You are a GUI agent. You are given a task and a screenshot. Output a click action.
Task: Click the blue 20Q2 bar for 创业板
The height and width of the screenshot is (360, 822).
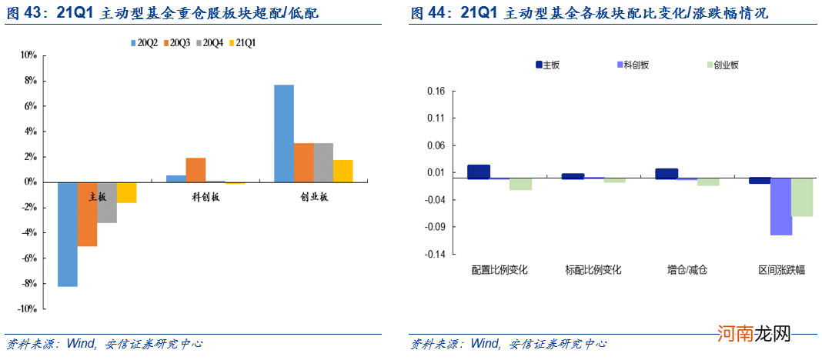pyautogui.click(x=284, y=133)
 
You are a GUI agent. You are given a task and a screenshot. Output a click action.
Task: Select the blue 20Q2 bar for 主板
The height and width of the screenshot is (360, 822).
pyautogui.click(x=68, y=234)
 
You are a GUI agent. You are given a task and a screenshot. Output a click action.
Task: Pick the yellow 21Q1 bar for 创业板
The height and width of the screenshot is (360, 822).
pyautogui.click(x=343, y=171)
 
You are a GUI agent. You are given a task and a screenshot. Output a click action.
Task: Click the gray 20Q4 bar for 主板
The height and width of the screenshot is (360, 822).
pyautogui.click(x=107, y=202)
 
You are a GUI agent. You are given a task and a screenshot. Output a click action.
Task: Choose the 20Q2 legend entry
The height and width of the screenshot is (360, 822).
pyautogui.click(x=144, y=43)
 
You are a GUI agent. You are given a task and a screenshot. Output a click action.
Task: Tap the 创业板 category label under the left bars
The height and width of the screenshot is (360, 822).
pyautogui.click(x=314, y=197)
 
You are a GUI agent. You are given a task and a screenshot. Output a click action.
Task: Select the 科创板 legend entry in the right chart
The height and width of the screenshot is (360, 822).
pyautogui.click(x=632, y=65)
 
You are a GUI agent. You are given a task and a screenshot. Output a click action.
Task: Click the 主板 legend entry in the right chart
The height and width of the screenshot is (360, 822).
pyautogui.click(x=547, y=65)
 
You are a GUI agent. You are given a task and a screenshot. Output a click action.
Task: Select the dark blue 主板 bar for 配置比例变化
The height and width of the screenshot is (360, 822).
pyautogui.click(x=479, y=172)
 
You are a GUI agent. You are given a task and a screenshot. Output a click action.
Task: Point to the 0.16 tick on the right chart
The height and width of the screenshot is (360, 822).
pyautogui.click(x=436, y=91)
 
